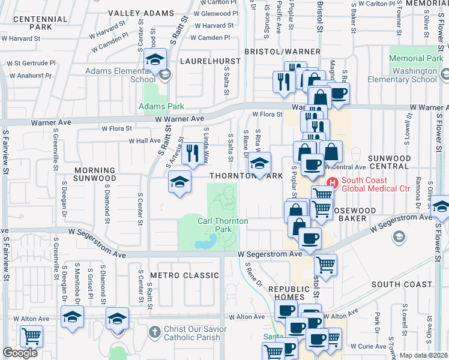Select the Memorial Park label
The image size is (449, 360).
coord(416,59)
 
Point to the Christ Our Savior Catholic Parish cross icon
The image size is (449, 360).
coord(154,331)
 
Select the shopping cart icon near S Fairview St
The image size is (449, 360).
coord(31,336)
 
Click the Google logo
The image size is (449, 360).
coord(20,353)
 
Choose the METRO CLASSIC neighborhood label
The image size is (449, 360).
coord(184,275)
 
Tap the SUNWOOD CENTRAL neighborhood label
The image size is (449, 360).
coord(394,163)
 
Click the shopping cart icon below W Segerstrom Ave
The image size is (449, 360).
coord(325,264)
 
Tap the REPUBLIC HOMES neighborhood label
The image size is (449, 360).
coord(291,293)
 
